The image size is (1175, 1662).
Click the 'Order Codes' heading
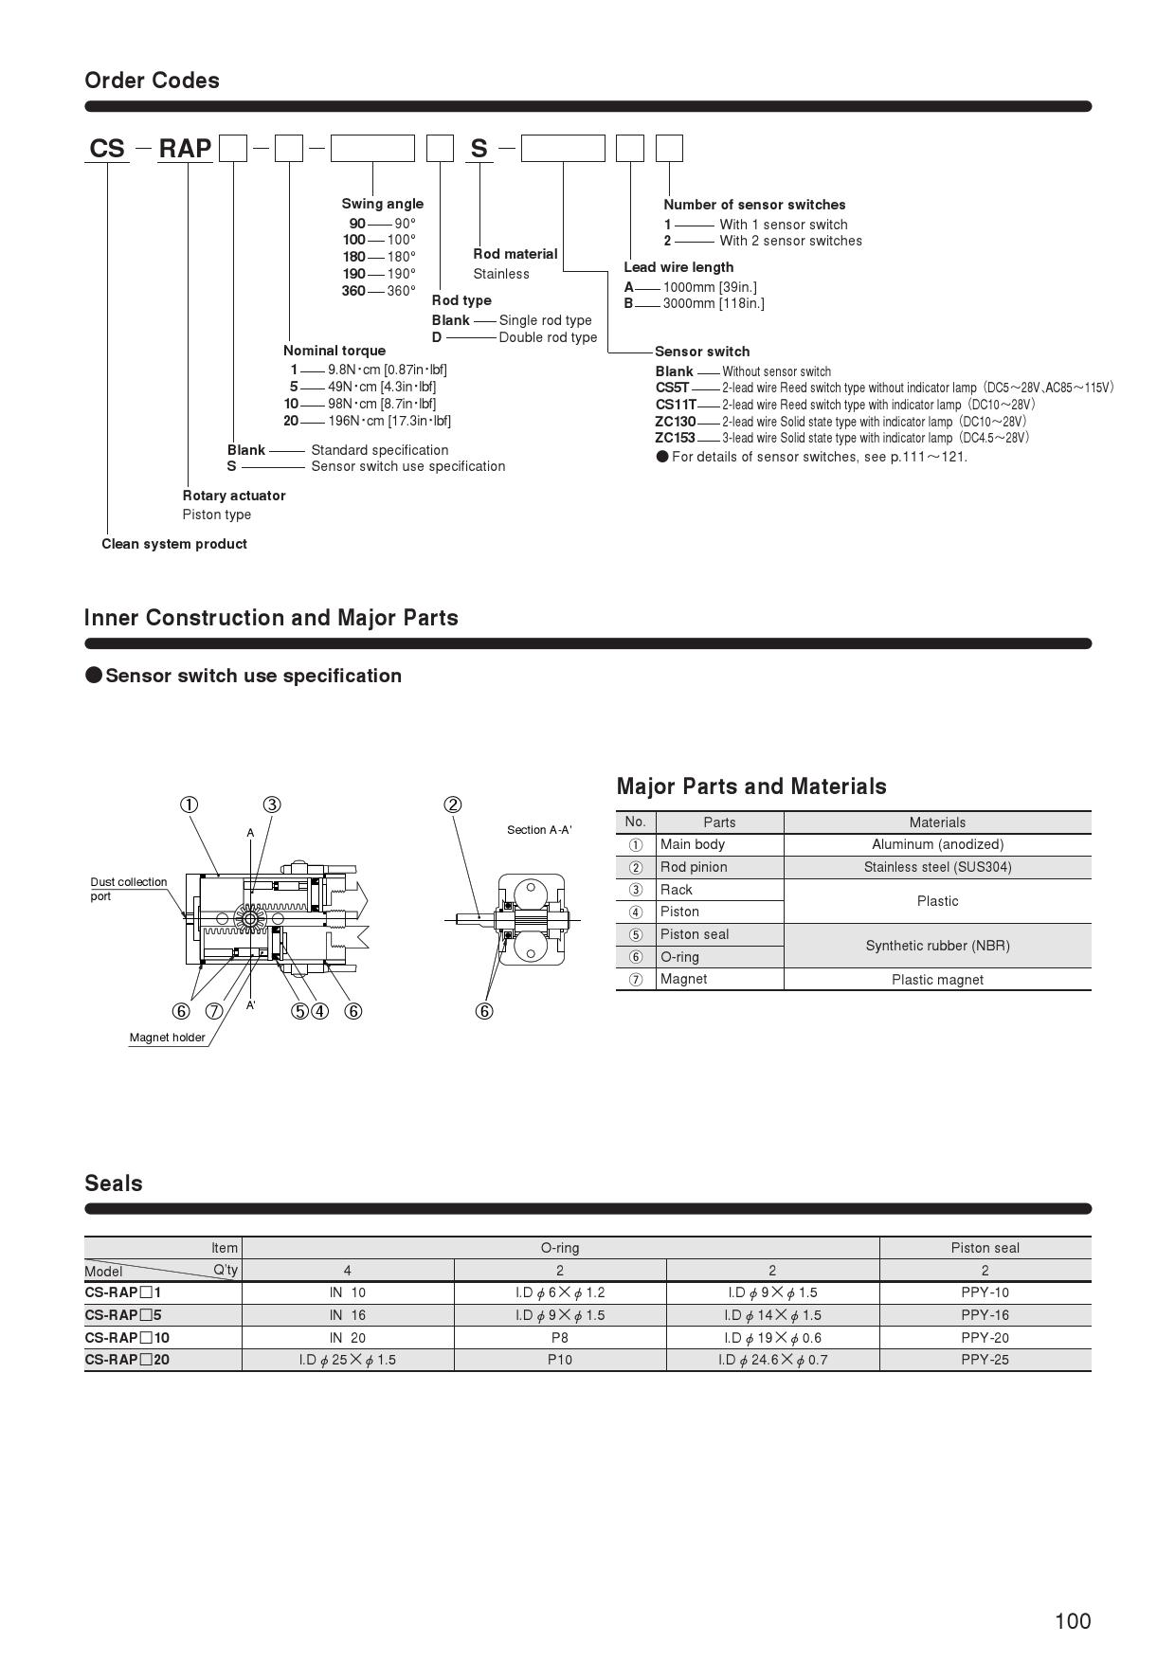coord(152,81)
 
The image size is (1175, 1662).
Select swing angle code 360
coord(353,291)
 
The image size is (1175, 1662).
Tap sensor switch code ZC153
coord(675,438)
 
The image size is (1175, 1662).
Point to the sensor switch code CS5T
coord(672,388)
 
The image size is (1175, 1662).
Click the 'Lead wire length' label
coord(678,267)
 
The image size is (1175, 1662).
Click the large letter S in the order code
coord(479,149)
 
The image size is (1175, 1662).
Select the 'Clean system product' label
coord(174,544)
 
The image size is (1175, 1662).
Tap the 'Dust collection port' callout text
coord(128,889)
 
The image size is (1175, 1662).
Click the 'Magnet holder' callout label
coord(167,1038)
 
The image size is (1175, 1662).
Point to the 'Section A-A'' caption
coord(539,830)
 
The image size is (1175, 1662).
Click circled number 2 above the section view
coord(453,805)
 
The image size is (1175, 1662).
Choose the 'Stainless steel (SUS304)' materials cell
coord(937,867)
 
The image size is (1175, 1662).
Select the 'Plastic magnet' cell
coord(937,980)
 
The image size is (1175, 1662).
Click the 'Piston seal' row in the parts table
coord(695,934)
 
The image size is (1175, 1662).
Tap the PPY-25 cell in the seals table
coord(985,1360)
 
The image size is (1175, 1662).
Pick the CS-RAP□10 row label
coord(127,1338)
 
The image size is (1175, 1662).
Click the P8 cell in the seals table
coord(560,1338)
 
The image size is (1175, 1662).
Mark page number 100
coord(1073,1621)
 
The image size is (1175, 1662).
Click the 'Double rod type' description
coord(548,337)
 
